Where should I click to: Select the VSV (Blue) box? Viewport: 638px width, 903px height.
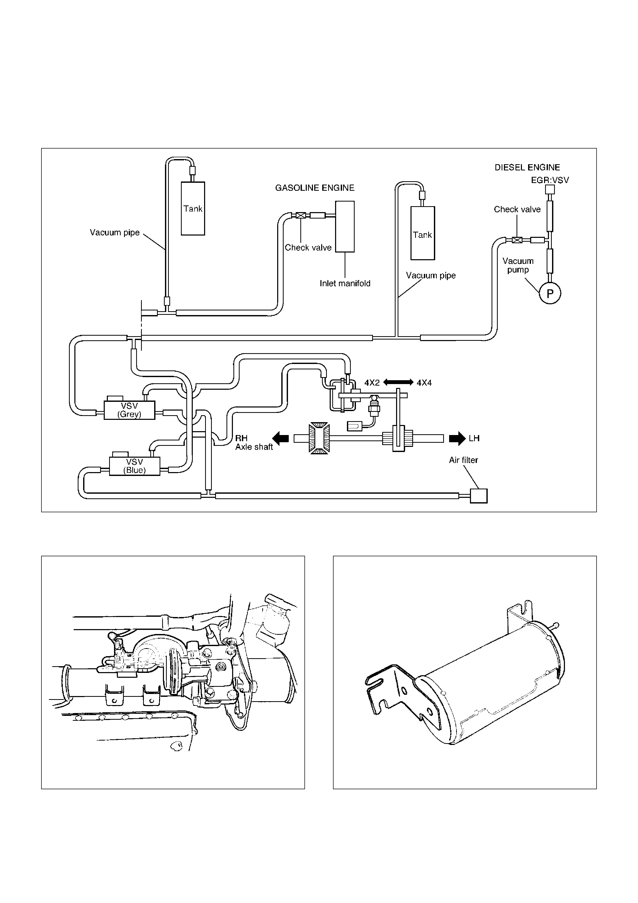pos(134,466)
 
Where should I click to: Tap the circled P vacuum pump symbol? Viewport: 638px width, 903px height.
pos(550,293)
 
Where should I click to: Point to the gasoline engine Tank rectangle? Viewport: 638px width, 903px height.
pos(193,209)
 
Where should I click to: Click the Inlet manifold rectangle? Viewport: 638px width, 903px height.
pos(345,227)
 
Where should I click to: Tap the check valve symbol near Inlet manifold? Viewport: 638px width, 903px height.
pos(301,215)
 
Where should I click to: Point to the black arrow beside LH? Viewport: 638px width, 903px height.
pos(457,438)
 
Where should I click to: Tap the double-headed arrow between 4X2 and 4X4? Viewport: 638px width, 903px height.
pos(398,382)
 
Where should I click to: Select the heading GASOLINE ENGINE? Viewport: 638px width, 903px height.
pos(315,188)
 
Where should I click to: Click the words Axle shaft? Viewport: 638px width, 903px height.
pos(254,447)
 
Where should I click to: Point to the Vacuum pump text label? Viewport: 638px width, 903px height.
pos(518,265)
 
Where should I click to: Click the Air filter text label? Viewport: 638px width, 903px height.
pos(464,460)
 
